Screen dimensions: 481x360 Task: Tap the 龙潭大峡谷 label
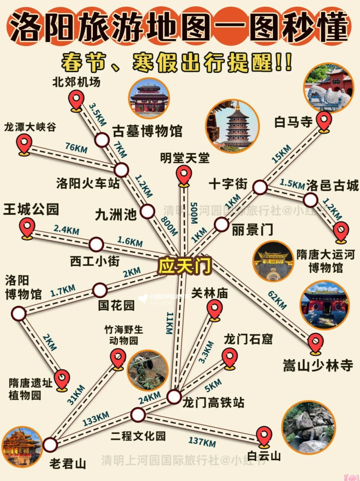pyautogui.click(x=30, y=127)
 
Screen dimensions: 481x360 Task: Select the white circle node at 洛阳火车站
pyautogui.click(x=121, y=170)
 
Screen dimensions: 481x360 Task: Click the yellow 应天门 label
pyautogui.click(x=184, y=266)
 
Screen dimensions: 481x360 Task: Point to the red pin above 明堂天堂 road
pyautogui.click(x=184, y=175)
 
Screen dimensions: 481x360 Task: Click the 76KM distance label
pyautogui.click(x=76, y=147)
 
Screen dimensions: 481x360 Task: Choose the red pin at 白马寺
pyautogui.click(x=324, y=121)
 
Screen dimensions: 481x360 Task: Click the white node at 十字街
pyautogui.click(x=260, y=187)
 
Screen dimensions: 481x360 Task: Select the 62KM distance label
pyautogui.click(x=277, y=300)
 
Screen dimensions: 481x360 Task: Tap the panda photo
pyautogui.click(x=148, y=370)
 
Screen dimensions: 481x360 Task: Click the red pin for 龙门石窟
pyautogui.click(x=230, y=357)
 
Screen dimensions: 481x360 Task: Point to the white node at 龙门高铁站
pyautogui.click(x=174, y=397)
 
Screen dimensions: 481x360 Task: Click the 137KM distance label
pyautogui.click(x=202, y=442)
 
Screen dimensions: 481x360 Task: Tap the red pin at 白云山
pyautogui.click(x=264, y=436)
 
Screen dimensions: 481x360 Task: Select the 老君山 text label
pyautogui.click(x=68, y=464)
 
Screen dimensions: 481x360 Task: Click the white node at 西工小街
pyautogui.click(x=96, y=244)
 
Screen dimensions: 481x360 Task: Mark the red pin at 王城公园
pyautogui.click(x=27, y=228)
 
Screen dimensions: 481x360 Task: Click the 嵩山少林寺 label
pyautogui.click(x=318, y=366)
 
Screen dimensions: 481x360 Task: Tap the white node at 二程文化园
pyautogui.click(x=138, y=415)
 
